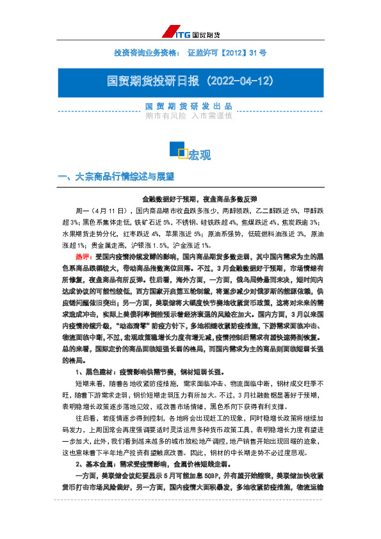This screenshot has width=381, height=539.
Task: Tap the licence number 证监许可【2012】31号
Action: pos(227,52)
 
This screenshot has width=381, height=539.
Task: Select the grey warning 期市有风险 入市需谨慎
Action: pos(188,116)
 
